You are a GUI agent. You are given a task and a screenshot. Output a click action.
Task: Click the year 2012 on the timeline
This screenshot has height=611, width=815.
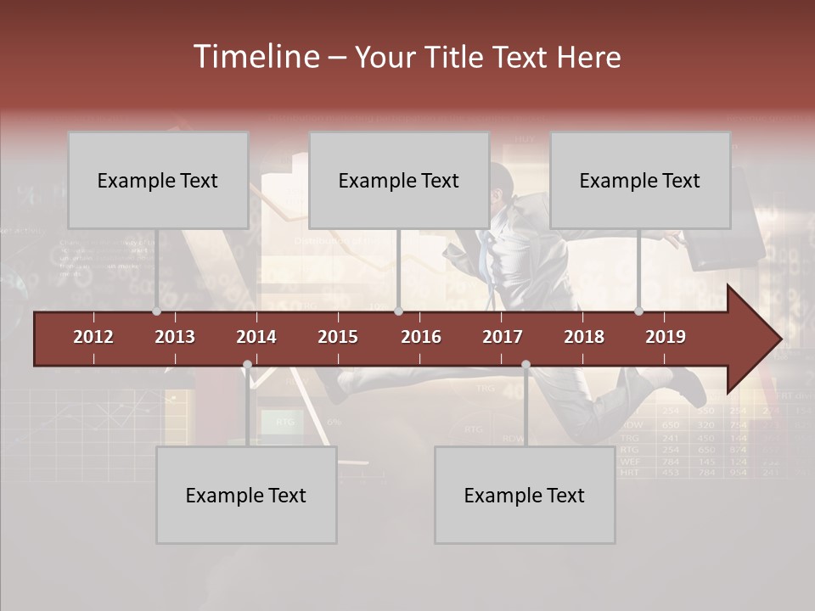[x=93, y=337]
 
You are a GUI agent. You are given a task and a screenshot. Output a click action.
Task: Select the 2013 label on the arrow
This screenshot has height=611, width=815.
[x=175, y=337]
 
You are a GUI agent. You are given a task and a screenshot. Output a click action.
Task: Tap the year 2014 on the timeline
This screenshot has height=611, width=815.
[x=256, y=337]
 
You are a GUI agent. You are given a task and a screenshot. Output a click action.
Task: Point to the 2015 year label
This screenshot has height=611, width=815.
[x=338, y=337]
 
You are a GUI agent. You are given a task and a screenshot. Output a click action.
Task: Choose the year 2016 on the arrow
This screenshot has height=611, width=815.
[x=421, y=337]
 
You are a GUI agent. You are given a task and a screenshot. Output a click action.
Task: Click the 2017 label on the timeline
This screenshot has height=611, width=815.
[x=503, y=337]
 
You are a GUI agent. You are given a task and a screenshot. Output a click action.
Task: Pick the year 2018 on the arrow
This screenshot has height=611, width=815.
[x=584, y=337]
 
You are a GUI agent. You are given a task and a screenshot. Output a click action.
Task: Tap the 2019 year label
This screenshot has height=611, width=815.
[x=666, y=337]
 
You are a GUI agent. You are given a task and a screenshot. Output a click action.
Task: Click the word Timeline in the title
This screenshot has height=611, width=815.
[x=256, y=57]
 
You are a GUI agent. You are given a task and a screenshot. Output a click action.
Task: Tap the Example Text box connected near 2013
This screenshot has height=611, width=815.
[x=158, y=180]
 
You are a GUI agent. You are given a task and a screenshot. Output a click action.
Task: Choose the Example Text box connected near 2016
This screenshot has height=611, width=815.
[x=399, y=180]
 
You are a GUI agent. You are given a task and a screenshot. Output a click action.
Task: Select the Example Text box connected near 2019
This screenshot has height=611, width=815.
[x=640, y=180]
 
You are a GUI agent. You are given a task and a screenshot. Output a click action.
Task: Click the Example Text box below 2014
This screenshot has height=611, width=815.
[x=246, y=495]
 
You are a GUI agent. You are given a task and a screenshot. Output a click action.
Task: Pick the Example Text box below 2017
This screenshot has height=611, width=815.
[x=525, y=495]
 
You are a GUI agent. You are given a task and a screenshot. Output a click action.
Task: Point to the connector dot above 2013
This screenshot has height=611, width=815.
[x=156, y=311]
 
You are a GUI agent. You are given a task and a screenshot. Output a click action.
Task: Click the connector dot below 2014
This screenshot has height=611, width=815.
[x=247, y=365]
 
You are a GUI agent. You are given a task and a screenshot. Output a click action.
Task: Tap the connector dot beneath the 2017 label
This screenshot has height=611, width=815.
[x=526, y=365]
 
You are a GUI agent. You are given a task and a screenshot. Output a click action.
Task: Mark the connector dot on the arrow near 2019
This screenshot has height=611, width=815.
[x=639, y=311]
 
